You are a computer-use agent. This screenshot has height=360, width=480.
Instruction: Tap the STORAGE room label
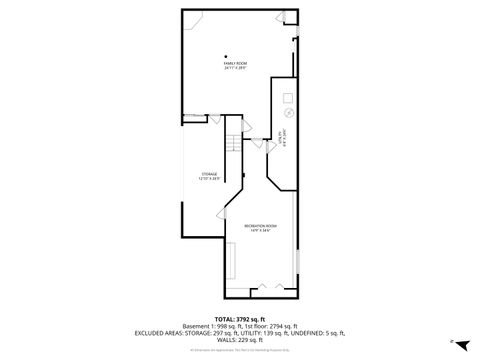pyautogui.click(x=210, y=174)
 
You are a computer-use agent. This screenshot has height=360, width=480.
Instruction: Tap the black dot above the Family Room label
pyautogui.click(x=226, y=55)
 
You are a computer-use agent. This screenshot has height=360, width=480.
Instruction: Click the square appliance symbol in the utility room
pyautogui.click(x=288, y=97)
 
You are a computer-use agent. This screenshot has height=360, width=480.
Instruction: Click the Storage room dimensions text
pyautogui.click(x=210, y=179)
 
